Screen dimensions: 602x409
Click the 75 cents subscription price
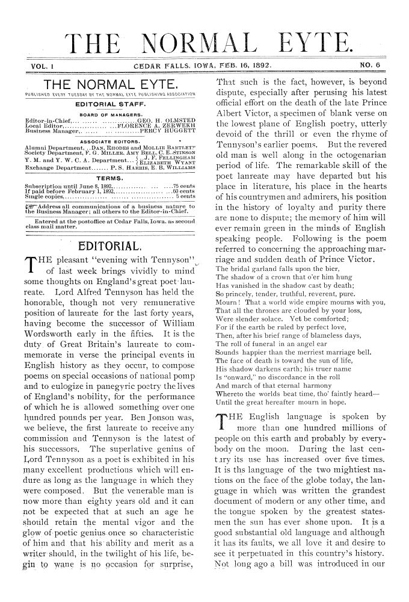pos(184,186)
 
